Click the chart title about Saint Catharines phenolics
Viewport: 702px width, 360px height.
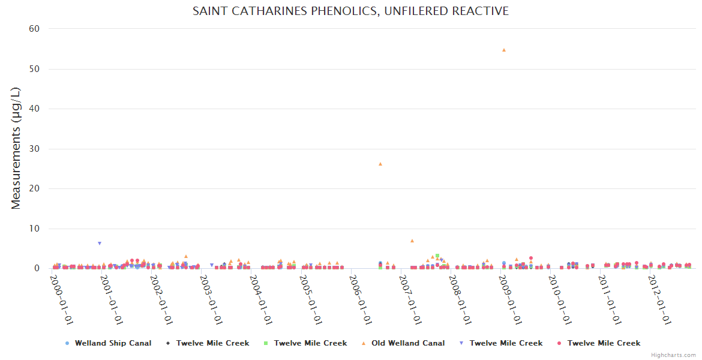[350, 11]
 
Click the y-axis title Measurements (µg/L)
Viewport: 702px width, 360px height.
[16, 148]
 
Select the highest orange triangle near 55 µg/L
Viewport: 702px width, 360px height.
[504, 50]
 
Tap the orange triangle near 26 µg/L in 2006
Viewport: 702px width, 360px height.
[380, 164]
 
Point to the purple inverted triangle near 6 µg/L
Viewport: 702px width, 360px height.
[100, 244]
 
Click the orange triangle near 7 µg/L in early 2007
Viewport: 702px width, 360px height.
[412, 241]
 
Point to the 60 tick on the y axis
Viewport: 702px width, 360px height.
[34, 29]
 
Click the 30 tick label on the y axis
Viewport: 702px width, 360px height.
[34, 149]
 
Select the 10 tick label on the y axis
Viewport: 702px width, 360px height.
[35, 229]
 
